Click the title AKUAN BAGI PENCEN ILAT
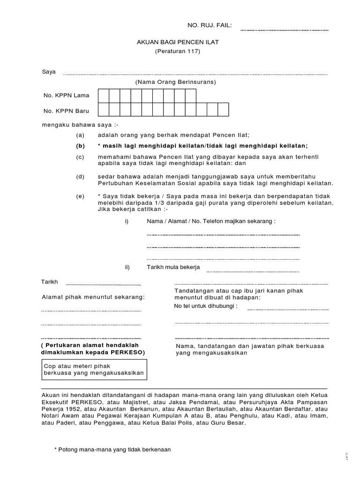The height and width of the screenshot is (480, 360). [x=178, y=42]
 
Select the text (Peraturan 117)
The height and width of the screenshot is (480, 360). [x=177, y=51]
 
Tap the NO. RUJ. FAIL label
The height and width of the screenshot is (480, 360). [x=210, y=25]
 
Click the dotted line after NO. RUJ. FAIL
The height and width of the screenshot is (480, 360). [x=285, y=30]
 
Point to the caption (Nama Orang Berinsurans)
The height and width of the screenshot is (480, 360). [x=175, y=82]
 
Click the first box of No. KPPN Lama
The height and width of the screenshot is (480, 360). [x=103, y=95]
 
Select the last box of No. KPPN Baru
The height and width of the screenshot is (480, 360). [x=223, y=110]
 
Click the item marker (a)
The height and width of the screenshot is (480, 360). [x=81, y=135]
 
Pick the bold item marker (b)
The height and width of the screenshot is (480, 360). [x=81, y=146]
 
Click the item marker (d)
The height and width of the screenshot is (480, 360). [x=81, y=177]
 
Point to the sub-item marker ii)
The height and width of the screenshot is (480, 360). [x=127, y=267]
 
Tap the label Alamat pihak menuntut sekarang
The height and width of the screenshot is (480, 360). [x=93, y=297]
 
